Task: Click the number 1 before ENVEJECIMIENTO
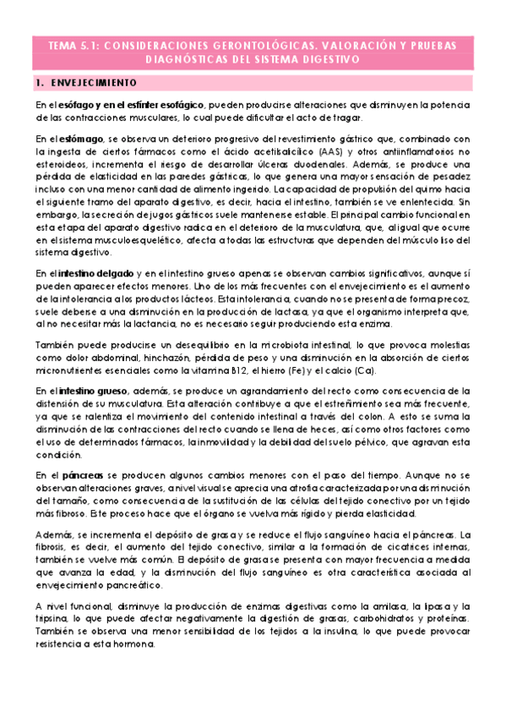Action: [x=40, y=83]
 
